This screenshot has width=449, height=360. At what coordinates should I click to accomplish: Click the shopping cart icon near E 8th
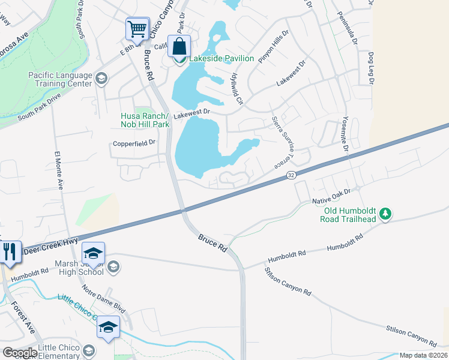coord(137,28)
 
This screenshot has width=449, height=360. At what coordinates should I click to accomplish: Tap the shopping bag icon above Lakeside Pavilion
coord(179,46)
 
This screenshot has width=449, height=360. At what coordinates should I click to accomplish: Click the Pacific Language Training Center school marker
coord(101,78)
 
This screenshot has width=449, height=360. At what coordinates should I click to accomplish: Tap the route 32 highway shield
coord(290,175)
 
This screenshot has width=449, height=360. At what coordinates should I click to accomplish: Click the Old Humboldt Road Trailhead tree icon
coord(385,214)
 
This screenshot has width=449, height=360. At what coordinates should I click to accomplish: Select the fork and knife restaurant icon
coord(9,251)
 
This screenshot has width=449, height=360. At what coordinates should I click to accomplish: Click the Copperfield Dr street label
coord(134,143)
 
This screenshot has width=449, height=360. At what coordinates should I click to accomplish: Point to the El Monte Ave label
coord(61,170)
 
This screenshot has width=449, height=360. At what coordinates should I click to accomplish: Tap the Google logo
coord(20,353)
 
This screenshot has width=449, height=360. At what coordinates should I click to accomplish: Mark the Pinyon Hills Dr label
coord(274,49)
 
